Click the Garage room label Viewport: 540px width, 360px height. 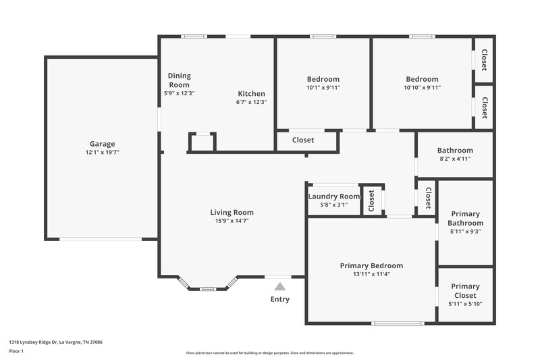coord(103,143)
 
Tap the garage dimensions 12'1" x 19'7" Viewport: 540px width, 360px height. coord(103,153)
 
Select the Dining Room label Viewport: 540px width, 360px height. coord(179,80)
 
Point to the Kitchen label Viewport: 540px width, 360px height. coord(251,93)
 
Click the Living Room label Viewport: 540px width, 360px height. coord(232,212)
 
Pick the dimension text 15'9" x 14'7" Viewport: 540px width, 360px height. coord(232,221)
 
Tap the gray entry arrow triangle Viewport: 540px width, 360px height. coord(279,286)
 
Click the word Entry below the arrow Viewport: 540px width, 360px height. coord(279,299)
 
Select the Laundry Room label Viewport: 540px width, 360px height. coord(333,197)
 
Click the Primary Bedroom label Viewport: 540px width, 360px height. coord(371,265)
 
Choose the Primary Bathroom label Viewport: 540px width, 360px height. coord(465,218)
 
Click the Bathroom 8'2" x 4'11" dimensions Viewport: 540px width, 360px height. coord(455,159)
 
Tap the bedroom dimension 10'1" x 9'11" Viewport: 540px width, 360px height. coord(323,88)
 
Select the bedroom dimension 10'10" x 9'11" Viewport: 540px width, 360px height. coord(422,88)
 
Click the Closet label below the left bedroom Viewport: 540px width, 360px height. coord(306,140)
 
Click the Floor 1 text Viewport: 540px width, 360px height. coord(16,351)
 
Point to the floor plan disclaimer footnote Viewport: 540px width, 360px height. coord(269,353)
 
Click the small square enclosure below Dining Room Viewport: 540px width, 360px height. coord(202,143)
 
